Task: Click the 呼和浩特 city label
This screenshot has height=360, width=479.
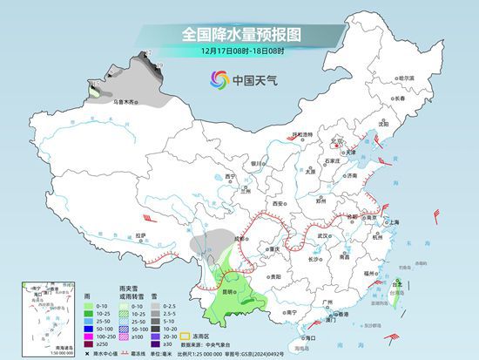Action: (x=302, y=135)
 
